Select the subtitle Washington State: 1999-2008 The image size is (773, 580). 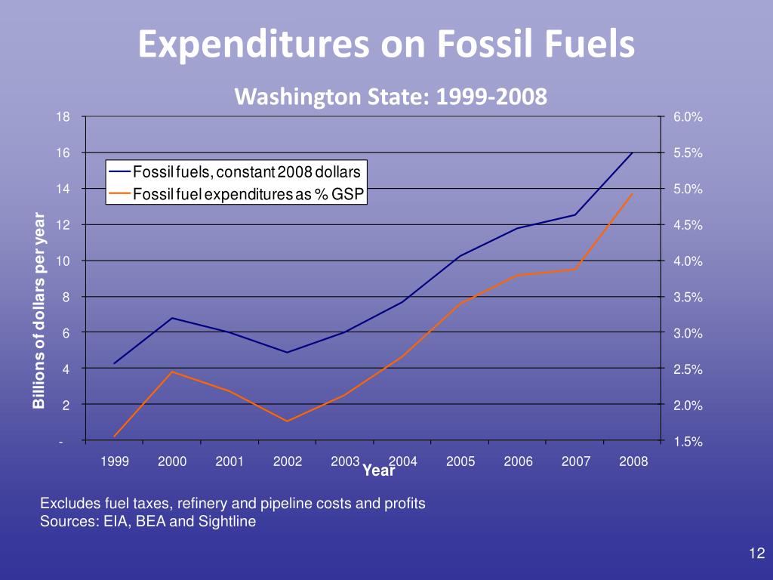390,97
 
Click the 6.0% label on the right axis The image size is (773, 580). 688,117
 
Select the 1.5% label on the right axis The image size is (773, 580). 688,443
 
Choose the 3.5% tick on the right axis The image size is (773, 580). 688,298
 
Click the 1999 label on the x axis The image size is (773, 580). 115,461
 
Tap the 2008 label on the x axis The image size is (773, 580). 633,461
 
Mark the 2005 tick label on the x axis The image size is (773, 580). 460,461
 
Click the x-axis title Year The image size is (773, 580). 378,471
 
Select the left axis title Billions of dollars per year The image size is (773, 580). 39,312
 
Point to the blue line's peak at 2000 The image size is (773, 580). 172,318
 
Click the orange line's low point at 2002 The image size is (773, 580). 288,421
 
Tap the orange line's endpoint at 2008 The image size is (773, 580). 633,193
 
